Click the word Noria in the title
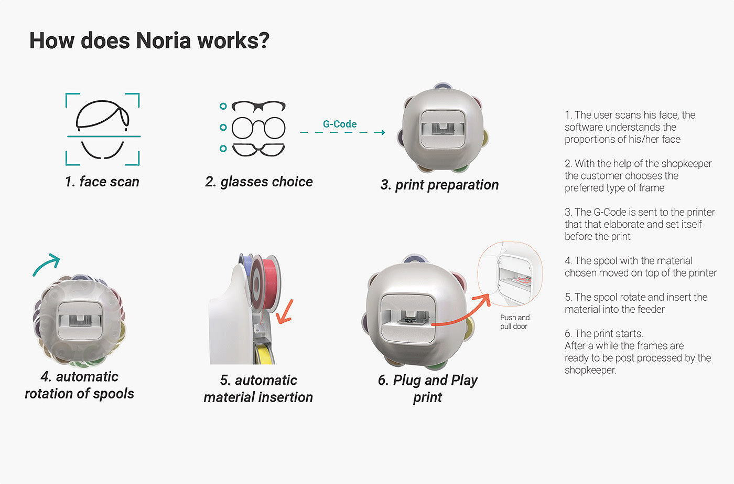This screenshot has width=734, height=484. coord(164,41)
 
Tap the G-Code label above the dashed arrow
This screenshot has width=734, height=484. coord(340,124)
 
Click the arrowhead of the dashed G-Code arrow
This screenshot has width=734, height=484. coord(381,132)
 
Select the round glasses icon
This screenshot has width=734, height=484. coord(258,128)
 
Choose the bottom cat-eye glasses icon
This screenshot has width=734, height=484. coord(258,150)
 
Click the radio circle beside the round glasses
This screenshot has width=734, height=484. coord(223,128)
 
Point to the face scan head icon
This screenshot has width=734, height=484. coord(103,129)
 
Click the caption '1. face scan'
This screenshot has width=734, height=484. coord(102,182)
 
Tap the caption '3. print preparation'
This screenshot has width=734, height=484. coord(440,185)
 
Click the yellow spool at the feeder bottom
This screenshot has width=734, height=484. coord(264,354)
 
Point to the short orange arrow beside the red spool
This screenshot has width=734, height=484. coord(284,312)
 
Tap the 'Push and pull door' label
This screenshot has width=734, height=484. coord(514,322)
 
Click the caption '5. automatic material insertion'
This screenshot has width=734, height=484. coord(258,388)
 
